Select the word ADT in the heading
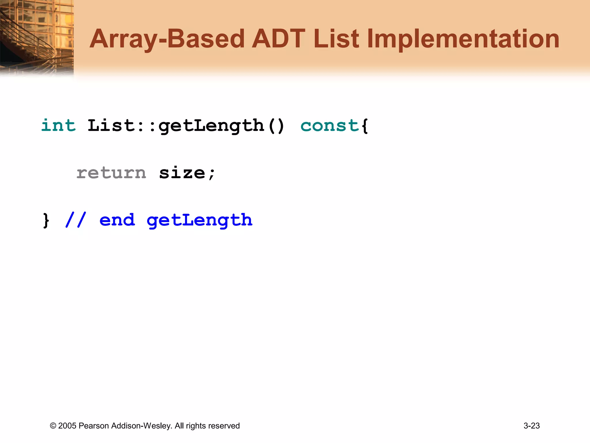click(278, 39)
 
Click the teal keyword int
click(58, 125)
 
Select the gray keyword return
click(111, 173)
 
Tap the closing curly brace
click(46, 220)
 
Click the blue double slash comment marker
click(75, 220)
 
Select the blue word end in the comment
click(117, 220)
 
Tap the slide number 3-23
click(532, 426)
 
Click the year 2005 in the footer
click(67, 426)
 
